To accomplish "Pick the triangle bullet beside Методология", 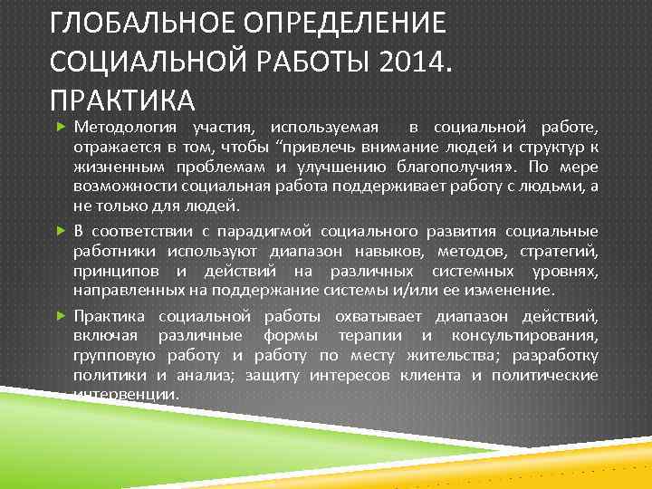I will click(x=61, y=123).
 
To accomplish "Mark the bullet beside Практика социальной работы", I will click(x=61, y=316).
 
